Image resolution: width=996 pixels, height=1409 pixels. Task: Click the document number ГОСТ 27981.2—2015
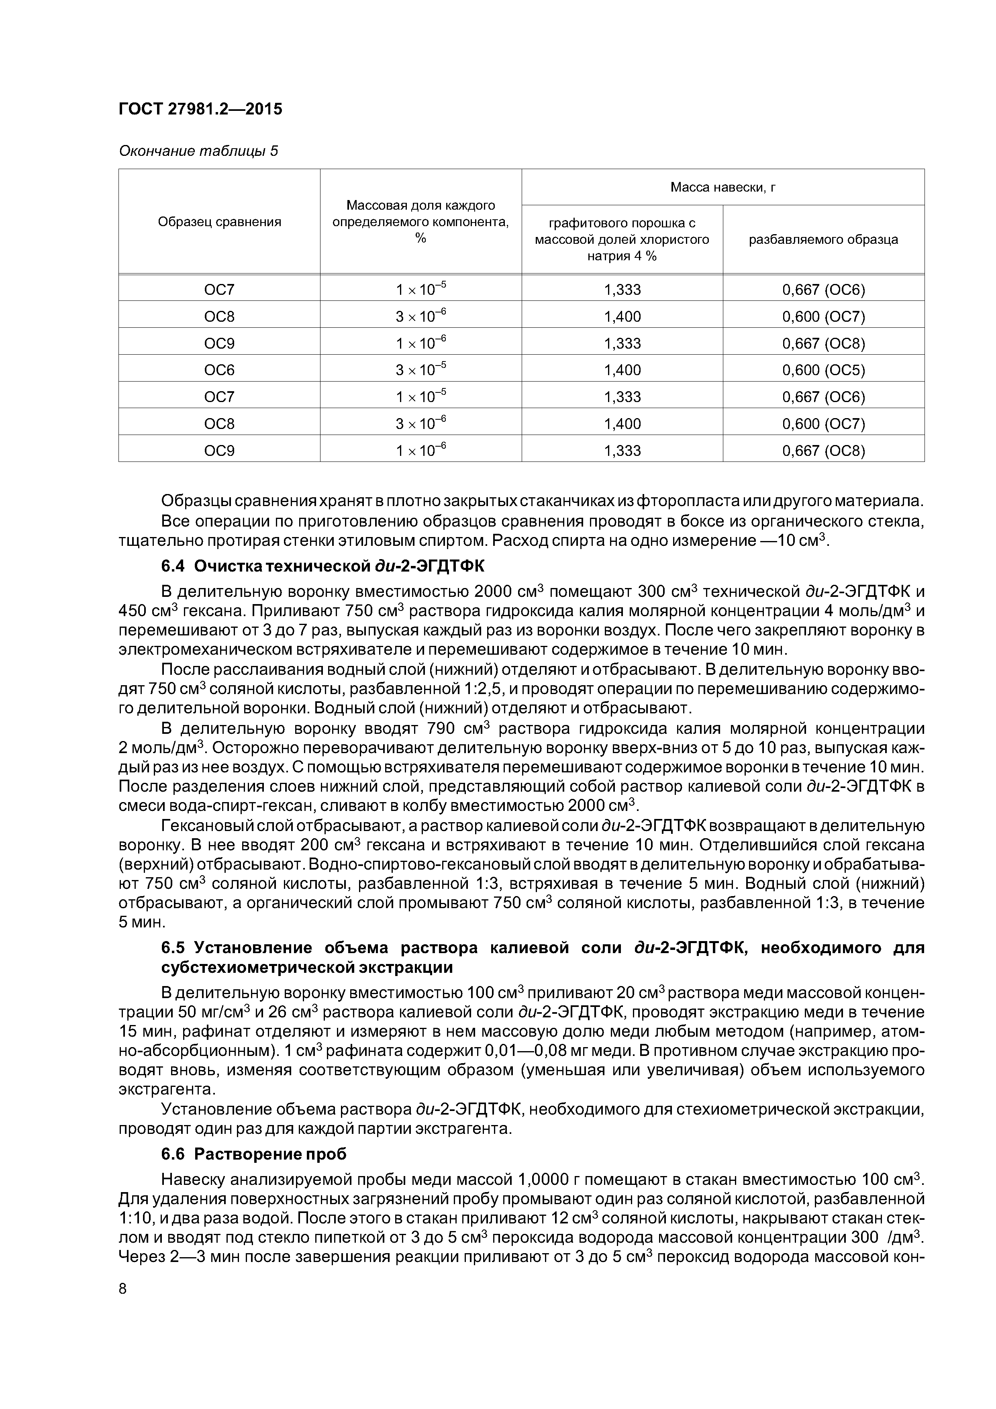click(200, 109)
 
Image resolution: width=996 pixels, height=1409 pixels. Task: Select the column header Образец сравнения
click(219, 222)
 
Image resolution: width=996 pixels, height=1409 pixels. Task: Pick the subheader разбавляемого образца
click(823, 240)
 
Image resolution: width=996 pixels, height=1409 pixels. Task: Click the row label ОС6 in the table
click(219, 370)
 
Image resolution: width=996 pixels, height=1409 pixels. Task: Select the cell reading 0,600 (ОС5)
click(823, 370)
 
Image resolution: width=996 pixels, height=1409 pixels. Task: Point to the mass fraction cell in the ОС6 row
click(420, 370)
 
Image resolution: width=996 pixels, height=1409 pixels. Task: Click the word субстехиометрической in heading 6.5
click(255, 968)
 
